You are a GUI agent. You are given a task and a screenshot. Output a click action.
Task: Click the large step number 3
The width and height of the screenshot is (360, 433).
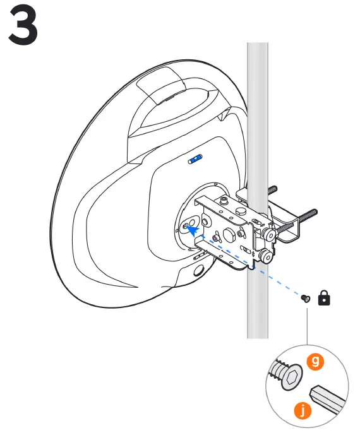tap(23, 25)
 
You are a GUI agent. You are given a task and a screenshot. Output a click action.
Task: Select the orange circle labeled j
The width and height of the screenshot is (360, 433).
tap(303, 411)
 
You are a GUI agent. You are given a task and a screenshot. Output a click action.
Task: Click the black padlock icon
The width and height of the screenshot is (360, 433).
tap(324, 298)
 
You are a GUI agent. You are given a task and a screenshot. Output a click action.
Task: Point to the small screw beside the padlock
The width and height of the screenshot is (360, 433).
tap(306, 298)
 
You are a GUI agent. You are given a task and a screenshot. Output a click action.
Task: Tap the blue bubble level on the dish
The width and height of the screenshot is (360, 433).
tap(195, 159)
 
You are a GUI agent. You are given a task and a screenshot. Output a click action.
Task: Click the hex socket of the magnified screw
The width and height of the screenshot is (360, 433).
tap(292, 377)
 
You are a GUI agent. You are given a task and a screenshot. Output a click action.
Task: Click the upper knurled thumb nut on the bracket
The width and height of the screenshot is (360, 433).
tap(268, 234)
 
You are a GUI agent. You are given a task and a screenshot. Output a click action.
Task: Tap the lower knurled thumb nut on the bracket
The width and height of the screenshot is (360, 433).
tap(266, 256)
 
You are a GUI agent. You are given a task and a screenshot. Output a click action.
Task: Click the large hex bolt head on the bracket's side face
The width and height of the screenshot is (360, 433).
tap(229, 235)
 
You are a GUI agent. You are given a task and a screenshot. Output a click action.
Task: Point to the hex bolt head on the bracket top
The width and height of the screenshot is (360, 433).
tap(241, 211)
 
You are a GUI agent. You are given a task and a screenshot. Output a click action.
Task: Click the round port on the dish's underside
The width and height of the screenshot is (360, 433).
tap(200, 270)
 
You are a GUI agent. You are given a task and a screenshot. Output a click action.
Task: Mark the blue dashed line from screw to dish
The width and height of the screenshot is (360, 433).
tap(249, 264)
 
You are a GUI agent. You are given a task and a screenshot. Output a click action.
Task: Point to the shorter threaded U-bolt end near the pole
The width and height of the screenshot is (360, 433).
tap(272, 190)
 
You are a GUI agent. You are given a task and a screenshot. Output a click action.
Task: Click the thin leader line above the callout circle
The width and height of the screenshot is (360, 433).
tap(307, 326)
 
